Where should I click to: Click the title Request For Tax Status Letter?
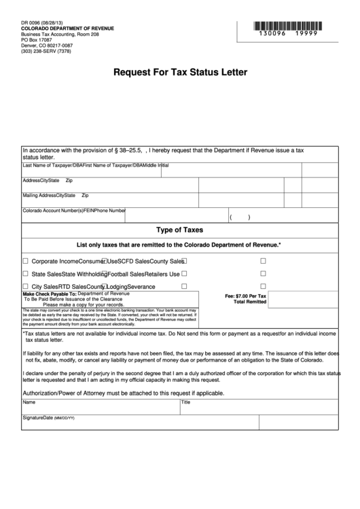coord(179,71)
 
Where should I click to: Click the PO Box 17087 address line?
coord(37,40)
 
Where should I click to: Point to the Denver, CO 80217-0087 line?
coord(46,46)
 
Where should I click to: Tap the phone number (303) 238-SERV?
coord(48,52)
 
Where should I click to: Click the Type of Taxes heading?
coord(180,230)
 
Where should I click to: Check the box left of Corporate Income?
coord(26,261)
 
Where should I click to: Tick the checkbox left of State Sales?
coord(26,274)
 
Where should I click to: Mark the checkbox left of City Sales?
coord(26,287)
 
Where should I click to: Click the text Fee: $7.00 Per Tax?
coord(246,297)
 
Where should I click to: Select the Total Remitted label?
coord(250,302)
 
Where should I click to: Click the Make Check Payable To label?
coord(50,294)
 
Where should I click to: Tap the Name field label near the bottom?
coord(29,402)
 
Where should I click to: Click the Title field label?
coord(185,402)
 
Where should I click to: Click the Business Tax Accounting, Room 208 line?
coord(60,35)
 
